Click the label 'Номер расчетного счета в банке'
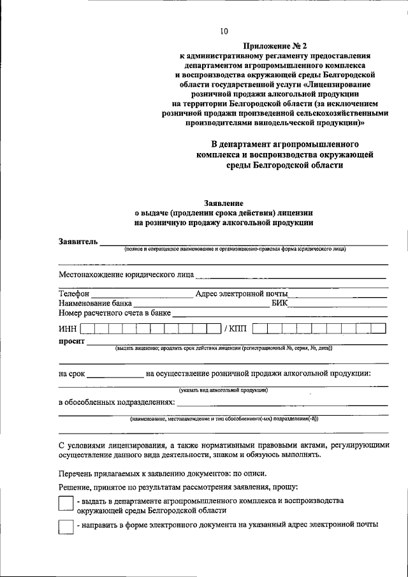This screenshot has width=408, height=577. pos(115,313)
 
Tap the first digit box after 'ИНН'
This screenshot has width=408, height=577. pos(89,329)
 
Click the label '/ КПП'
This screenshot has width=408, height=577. pos(234,329)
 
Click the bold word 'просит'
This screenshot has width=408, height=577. pos(71,342)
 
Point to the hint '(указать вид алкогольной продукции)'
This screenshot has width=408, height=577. pos(223,390)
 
